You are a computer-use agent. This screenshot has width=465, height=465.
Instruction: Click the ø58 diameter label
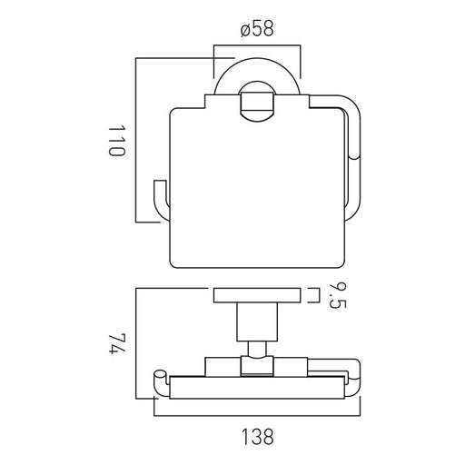point(257,29)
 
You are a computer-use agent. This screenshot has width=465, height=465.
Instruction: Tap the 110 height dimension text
point(116,141)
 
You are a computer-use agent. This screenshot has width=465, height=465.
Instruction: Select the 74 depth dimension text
point(116,343)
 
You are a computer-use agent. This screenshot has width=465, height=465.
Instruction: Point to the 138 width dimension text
point(257,437)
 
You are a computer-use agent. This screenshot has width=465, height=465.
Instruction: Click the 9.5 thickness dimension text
point(337,296)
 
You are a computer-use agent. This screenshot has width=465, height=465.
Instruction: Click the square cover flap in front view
point(257,182)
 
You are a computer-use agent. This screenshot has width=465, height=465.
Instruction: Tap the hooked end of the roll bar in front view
point(162,200)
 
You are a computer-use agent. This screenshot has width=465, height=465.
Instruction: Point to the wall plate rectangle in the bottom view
point(257,295)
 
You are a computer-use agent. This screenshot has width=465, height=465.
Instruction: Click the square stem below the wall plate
point(257,322)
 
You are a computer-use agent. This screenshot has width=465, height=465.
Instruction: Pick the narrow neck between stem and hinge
point(257,349)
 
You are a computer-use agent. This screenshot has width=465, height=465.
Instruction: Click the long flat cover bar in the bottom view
point(257,388)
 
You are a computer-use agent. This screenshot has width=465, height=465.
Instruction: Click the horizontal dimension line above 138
point(257,416)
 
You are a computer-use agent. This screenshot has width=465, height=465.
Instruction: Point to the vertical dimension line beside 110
point(136,140)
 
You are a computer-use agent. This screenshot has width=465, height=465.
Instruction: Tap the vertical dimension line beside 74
point(136,343)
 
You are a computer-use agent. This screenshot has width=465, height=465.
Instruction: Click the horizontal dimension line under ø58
point(257,45)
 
